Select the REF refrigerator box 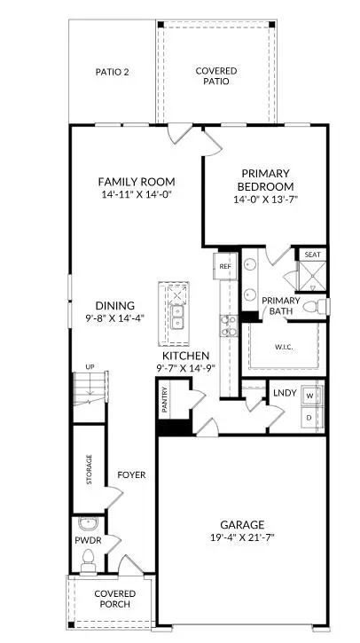pos(225,265)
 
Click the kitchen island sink pos(178,310)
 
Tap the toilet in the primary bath pos(316,306)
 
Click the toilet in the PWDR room pos(88,558)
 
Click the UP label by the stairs pos(90,366)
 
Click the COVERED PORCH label pos(115,599)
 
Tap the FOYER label pos(131,474)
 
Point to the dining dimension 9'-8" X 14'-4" pos(115,318)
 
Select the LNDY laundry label pos(285,392)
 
